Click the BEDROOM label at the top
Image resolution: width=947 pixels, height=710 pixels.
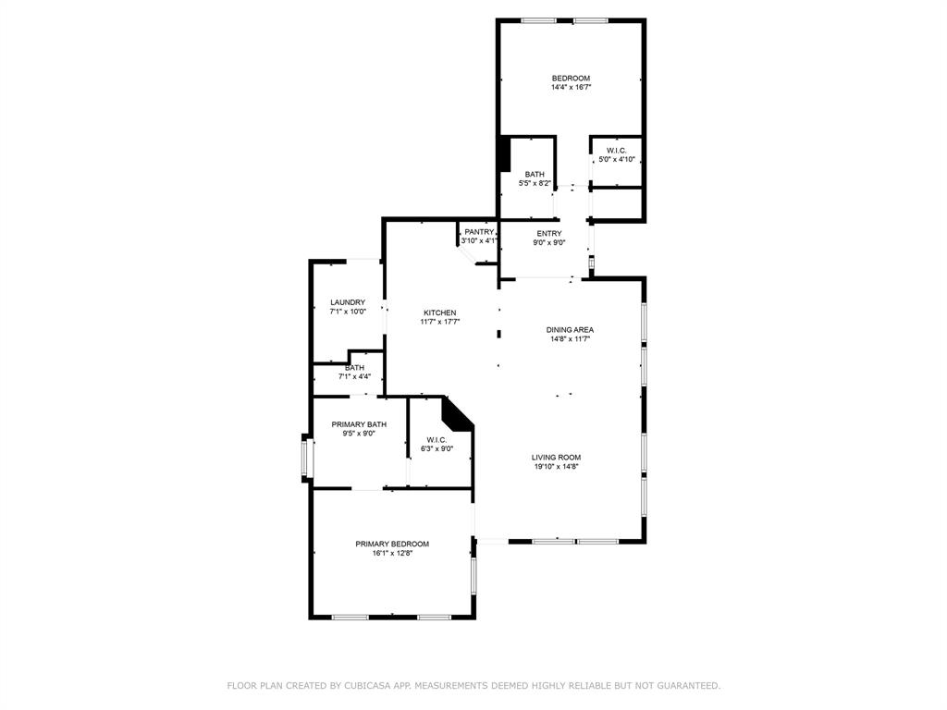(x=571, y=78)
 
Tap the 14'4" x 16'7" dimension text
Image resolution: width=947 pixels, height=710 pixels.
(x=571, y=87)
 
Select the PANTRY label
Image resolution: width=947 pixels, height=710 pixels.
(x=479, y=232)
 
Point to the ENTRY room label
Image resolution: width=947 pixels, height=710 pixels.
(x=549, y=234)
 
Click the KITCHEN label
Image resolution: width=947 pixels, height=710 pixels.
(x=439, y=312)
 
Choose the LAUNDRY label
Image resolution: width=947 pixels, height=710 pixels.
(x=348, y=302)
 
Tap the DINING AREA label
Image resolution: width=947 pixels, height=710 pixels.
(x=570, y=330)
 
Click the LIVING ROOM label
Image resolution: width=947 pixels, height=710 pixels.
(x=556, y=458)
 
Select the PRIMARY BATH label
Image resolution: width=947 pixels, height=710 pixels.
(x=359, y=424)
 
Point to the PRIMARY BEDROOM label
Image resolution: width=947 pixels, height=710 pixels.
(x=392, y=544)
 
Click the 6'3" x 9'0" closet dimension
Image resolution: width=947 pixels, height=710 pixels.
(x=437, y=448)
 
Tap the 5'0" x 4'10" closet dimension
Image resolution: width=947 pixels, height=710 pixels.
(x=617, y=159)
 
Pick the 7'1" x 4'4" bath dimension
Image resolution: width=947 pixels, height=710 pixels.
(x=354, y=377)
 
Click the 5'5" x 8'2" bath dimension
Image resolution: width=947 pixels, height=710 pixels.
(x=535, y=183)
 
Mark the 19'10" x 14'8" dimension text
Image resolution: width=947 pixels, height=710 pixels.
(x=556, y=467)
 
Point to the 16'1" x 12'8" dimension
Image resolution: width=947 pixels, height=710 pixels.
(x=392, y=553)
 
